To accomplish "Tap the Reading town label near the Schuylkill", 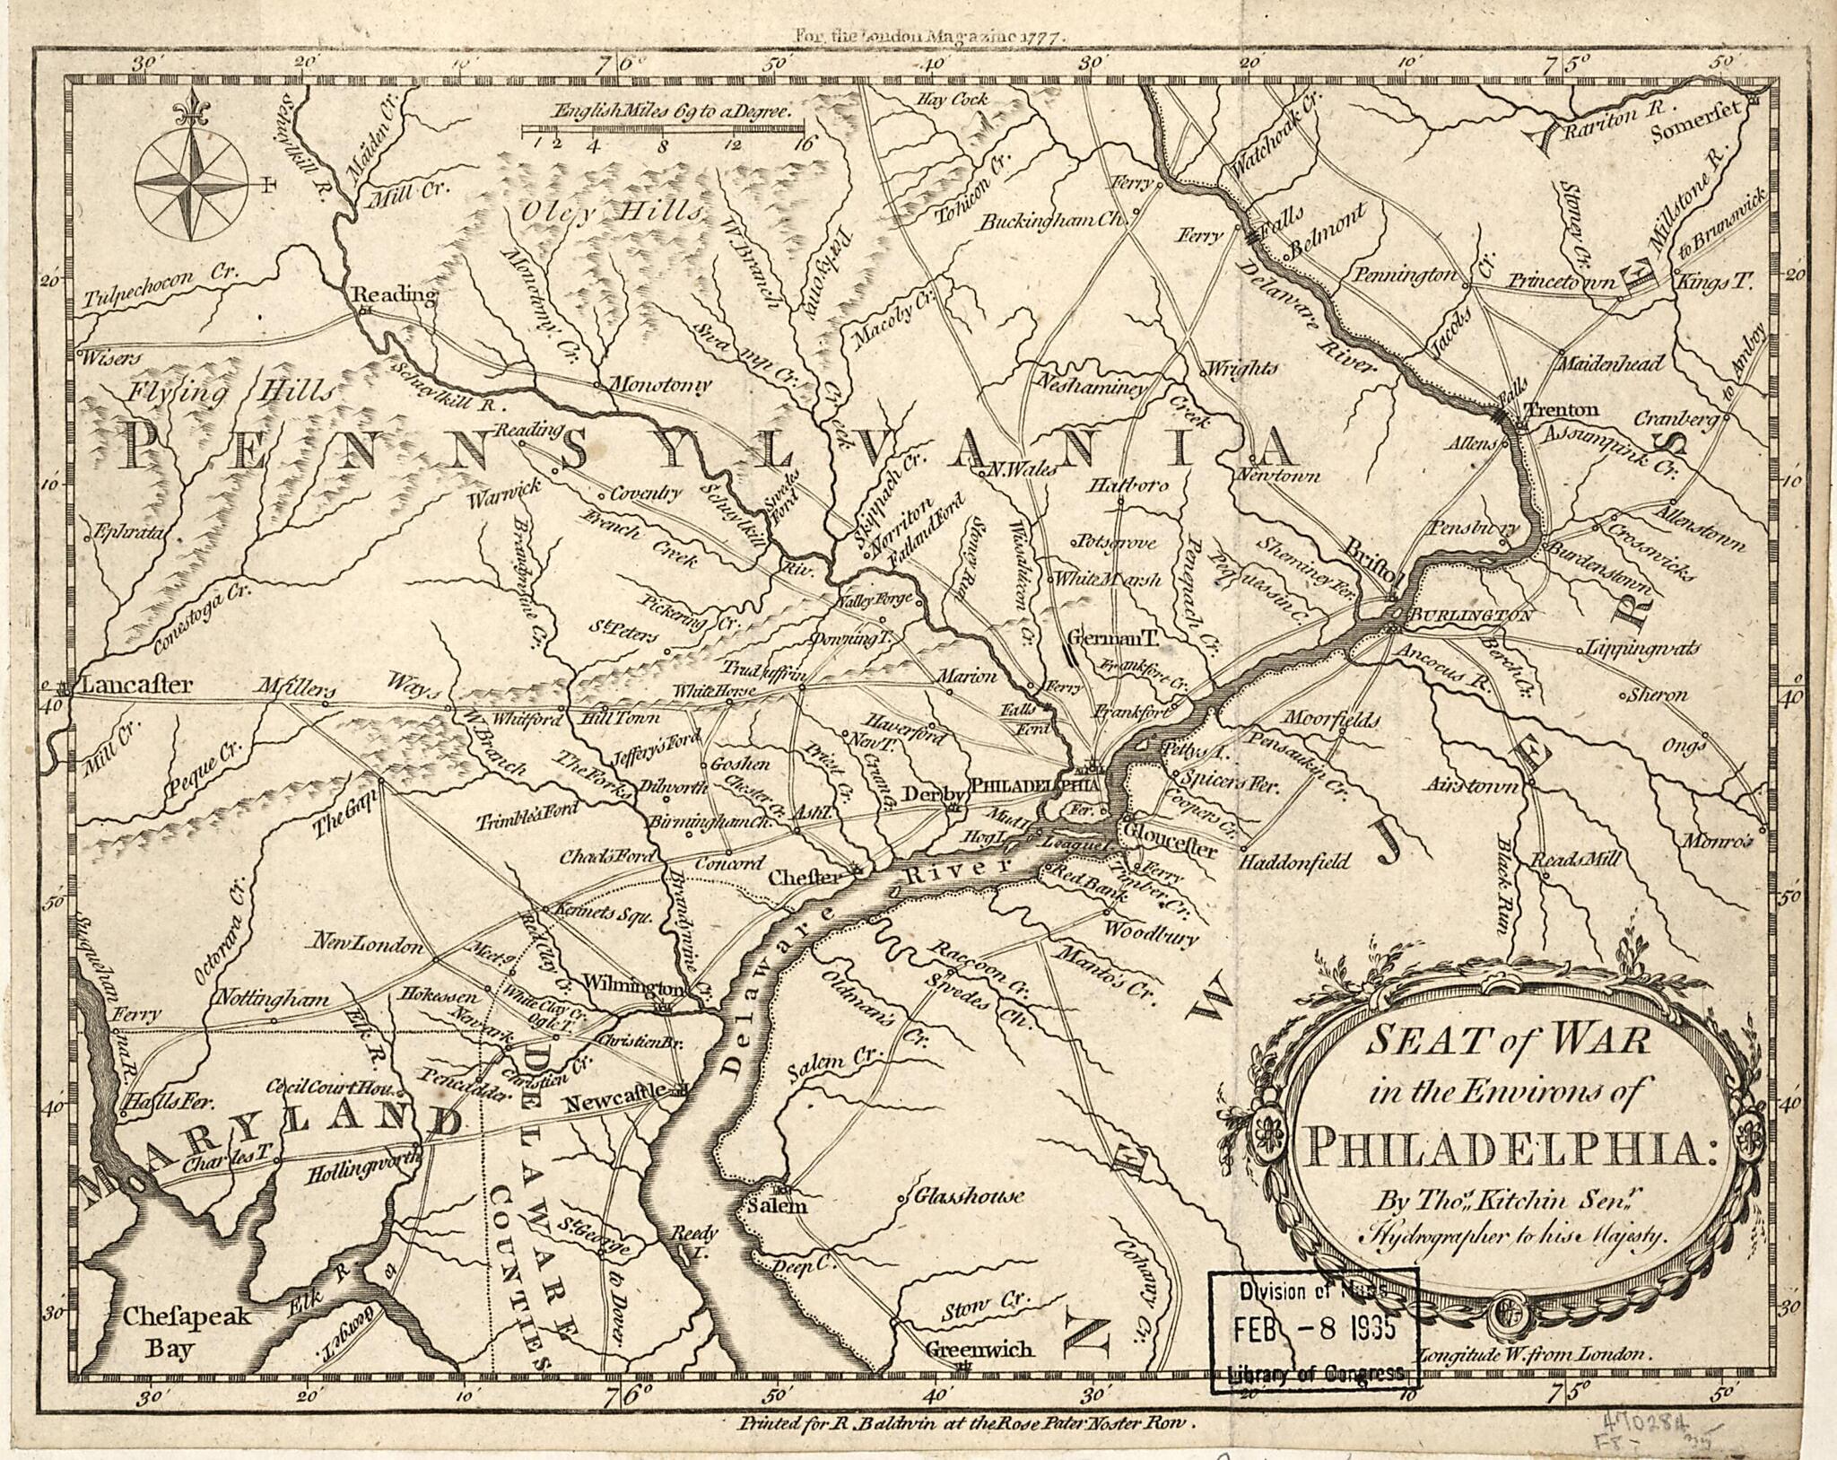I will coord(392,294).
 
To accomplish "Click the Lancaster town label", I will coord(135,686).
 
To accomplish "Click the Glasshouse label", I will coord(969,1196).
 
